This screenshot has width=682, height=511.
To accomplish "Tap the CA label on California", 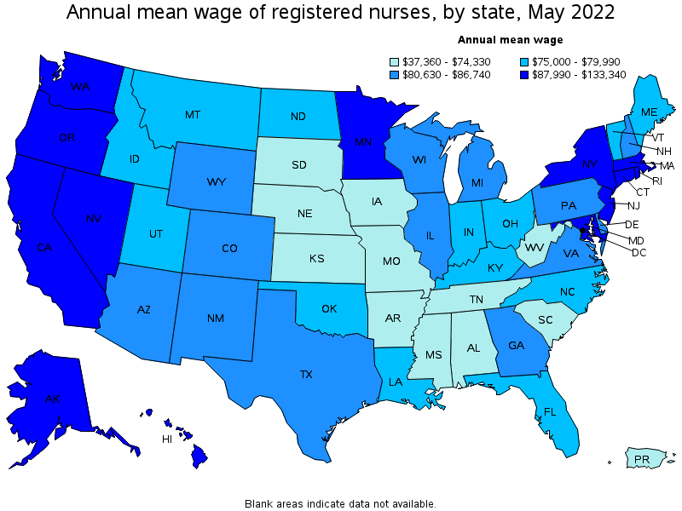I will click(44, 248).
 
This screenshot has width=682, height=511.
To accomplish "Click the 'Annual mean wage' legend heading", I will click(510, 39).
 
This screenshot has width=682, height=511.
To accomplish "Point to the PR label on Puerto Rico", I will click(642, 460).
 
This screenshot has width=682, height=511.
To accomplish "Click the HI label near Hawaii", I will click(167, 439).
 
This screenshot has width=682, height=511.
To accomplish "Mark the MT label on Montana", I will click(192, 114).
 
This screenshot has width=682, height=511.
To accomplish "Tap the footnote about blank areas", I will click(340, 503).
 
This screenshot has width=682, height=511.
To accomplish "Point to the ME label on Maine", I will click(649, 112).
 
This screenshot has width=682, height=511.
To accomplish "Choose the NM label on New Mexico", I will click(216, 319).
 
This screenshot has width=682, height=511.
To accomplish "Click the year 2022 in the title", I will click(585, 13).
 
